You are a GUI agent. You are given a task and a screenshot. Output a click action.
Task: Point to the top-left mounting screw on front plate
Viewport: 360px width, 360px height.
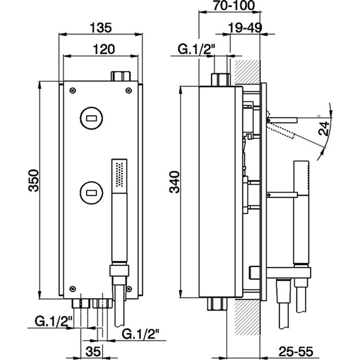point(74,91)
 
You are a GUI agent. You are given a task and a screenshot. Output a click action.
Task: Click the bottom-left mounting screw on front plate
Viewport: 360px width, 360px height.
point(74,287)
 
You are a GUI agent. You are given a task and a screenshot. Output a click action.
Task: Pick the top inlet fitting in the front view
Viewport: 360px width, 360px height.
point(120,76)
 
